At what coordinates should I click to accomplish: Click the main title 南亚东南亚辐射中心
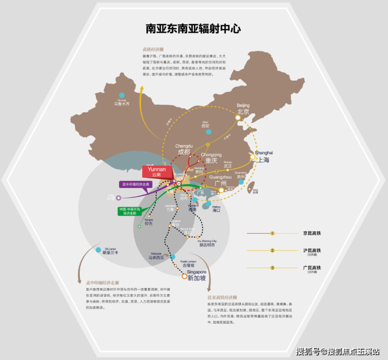(x=193, y=29)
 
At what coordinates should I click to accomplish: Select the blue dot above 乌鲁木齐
(x=122, y=96)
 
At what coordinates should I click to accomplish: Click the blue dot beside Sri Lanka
(x=98, y=250)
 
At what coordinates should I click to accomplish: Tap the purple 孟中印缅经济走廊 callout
(x=136, y=184)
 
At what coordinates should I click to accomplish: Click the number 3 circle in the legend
(x=272, y=268)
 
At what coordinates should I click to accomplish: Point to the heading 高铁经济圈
(x=153, y=49)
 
